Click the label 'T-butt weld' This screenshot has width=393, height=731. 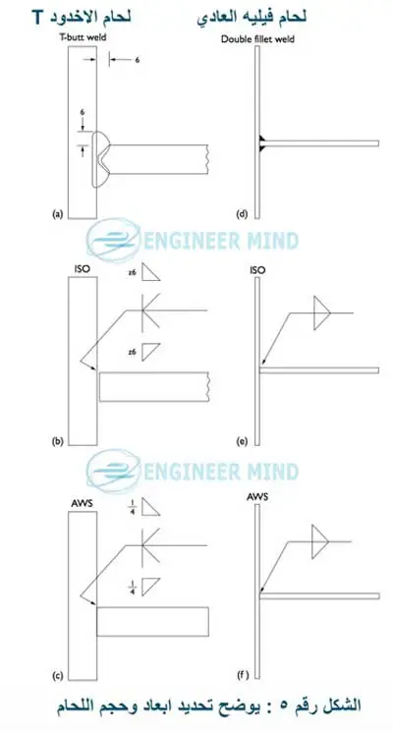tap(86, 37)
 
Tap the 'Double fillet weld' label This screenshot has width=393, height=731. tap(257, 39)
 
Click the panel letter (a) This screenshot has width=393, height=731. tap(57, 214)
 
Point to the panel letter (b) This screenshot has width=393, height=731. tap(57, 441)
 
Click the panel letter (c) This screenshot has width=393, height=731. tap(57, 675)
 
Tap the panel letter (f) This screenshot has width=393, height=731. tap(242, 675)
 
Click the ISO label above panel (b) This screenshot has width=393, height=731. tap(82, 269)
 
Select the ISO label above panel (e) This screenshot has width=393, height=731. tap(257, 269)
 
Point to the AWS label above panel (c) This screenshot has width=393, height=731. tap(82, 504)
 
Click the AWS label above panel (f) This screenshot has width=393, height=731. tap(257, 496)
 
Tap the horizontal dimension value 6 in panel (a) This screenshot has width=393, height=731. tap(138, 60)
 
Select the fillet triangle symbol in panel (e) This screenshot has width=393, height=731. tap(321, 312)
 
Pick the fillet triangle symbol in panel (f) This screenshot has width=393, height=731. tap(320, 541)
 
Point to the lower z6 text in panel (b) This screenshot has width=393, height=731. tap(133, 353)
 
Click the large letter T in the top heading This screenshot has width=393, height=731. tap(38, 18)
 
